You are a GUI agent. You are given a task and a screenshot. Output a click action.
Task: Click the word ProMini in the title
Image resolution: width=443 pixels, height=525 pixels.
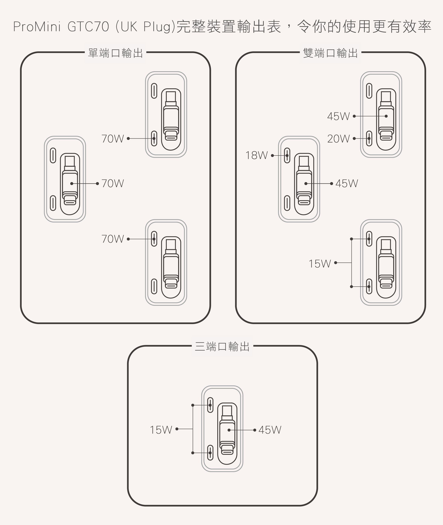pyautogui.click(x=37, y=27)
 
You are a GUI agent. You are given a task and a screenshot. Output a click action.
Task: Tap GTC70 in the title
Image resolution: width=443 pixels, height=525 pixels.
pyautogui.click(x=88, y=27)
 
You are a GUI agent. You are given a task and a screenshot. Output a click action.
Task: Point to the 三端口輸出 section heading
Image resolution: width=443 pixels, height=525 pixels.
pyautogui.click(x=222, y=347)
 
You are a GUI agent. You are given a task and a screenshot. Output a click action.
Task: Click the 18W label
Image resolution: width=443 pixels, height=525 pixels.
pyautogui.click(x=256, y=156)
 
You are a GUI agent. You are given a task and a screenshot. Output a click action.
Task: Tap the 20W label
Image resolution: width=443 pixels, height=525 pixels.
pyautogui.click(x=338, y=139)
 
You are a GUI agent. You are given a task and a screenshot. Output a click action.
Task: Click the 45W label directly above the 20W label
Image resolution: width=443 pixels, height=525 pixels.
pyautogui.click(x=338, y=116)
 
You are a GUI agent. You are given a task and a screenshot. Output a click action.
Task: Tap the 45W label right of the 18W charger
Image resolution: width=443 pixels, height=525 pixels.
pyautogui.click(x=347, y=184)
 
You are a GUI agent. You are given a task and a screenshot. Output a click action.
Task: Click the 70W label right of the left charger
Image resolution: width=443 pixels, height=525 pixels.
pyautogui.click(x=113, y=184)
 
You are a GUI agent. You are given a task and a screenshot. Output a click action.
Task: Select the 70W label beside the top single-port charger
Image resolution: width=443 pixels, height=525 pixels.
pyautogui.click(x=113, y=139)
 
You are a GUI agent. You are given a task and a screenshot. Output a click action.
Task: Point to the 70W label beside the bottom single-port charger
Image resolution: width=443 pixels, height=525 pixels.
pyautogui.click(x=113, y=239)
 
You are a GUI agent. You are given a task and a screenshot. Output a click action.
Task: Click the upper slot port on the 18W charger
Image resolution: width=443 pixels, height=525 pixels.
pyautogui.click(x=287, y=156)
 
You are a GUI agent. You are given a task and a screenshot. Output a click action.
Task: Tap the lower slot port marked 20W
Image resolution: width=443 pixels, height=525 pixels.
pyautogui.click(x=369, y=138)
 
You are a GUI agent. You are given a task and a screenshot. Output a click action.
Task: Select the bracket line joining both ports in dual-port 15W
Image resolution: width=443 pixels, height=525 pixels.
pyautogui.click(x=351, y=263)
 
